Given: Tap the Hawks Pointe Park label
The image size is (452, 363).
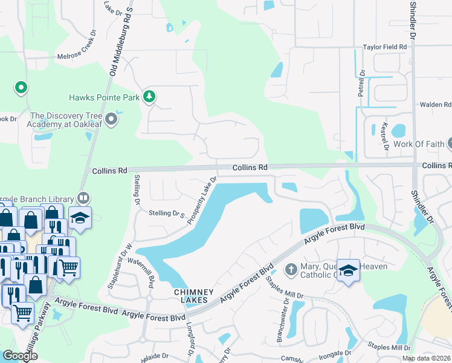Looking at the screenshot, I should [x=103, y=97].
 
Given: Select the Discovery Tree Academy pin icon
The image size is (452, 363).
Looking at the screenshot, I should [x=111, y=120].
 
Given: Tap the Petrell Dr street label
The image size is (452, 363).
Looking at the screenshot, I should [x=362, y=82].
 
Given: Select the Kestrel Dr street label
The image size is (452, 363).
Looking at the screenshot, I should [x=384, y=136].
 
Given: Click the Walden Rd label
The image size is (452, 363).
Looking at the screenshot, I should [x=436, y=104].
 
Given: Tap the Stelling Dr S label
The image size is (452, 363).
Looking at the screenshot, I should [x=166, y=214].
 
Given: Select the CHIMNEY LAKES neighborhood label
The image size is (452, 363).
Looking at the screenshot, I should [x=195, y=296].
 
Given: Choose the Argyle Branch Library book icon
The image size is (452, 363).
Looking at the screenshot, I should [x=83, y=198].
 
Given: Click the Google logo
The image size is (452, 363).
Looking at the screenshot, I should [x=21, y=355].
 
